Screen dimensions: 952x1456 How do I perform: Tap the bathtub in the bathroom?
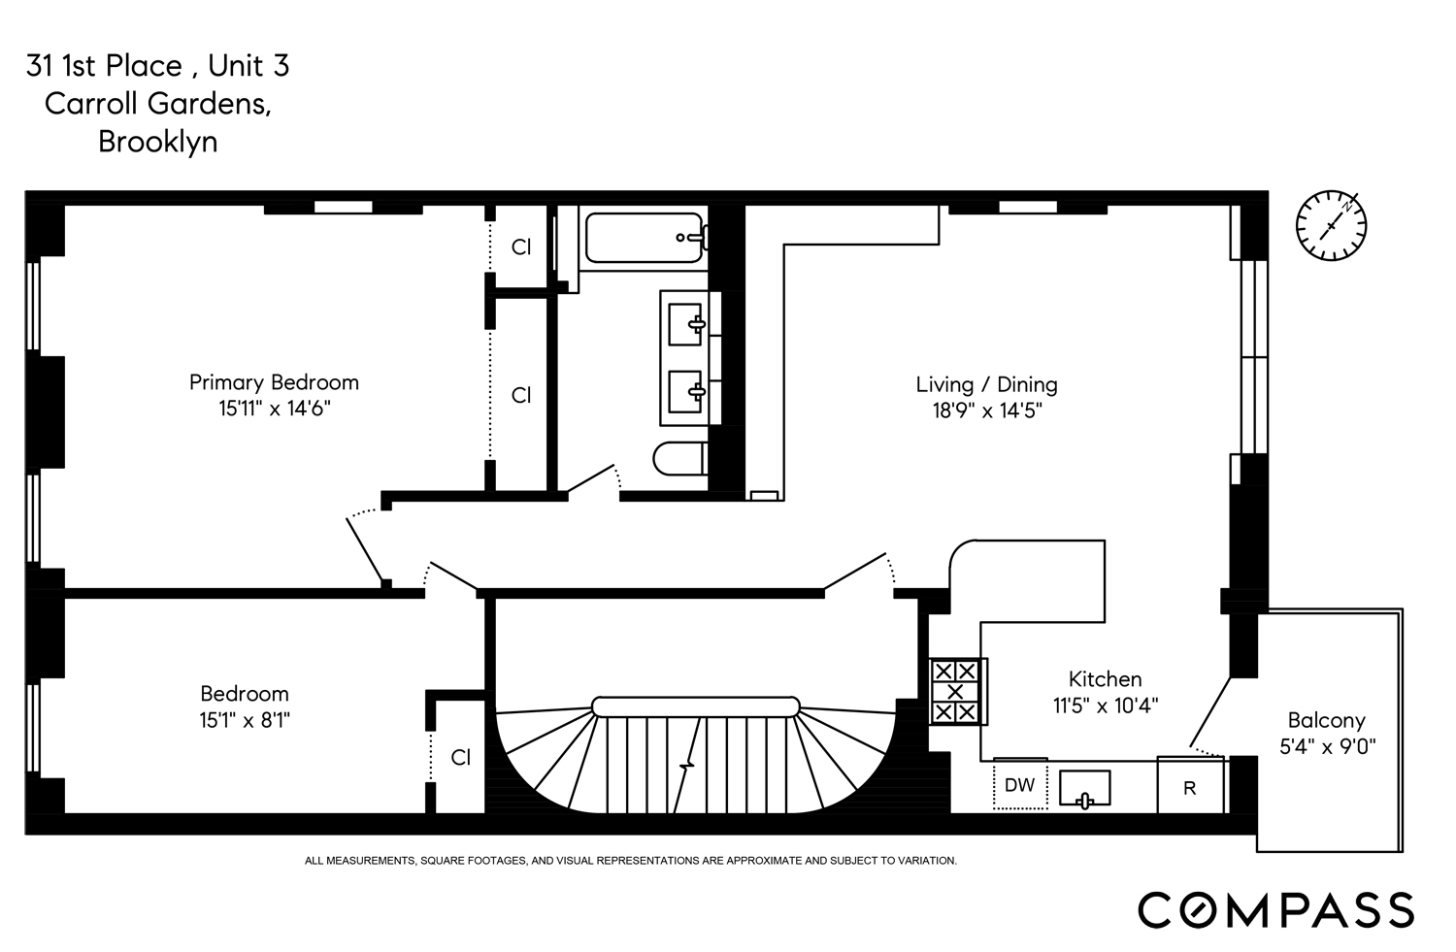tap(644, 238)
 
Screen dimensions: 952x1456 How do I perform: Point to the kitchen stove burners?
tap(956, 691)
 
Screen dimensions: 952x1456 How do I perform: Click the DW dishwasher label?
tap(1020, 786)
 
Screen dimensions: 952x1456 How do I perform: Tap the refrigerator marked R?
tap(1189, 788)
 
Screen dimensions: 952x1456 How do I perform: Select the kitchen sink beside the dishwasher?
tap(1085, 788)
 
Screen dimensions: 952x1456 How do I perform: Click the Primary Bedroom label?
tap(274, 382)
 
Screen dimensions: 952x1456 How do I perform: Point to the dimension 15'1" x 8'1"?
tap(245, 720)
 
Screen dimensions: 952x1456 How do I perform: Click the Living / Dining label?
tap(986, 384)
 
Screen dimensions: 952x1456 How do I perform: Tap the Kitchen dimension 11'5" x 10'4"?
tap(1106, 706)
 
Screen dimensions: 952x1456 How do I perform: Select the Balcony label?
tap(1326, 720)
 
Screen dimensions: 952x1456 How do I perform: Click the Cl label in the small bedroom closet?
tap(461, 757)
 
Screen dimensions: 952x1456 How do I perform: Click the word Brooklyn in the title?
tap(157, 142)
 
